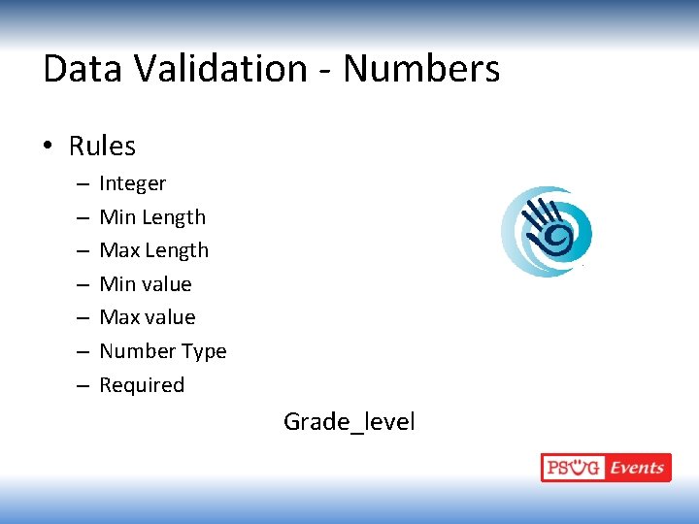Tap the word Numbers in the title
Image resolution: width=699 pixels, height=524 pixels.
click(421, 69)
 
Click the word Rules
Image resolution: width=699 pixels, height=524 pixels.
click(102, 147)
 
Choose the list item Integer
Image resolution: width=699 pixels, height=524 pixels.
click(132, 183)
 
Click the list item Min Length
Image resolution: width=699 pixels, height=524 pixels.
click(152, 217)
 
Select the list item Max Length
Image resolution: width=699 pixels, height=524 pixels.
click(153, 250)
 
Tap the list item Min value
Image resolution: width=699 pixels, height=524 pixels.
click(146, 284)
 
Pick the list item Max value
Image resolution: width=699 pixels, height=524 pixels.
click(148, 317)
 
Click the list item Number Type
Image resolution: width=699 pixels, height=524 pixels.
click(162, 351)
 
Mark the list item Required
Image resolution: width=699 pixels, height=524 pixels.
click(142, 385)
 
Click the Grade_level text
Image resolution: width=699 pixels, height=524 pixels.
click(349, 422)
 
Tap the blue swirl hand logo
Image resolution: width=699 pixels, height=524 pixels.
click(545, 230)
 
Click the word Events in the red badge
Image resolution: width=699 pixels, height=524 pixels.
click(637, 468)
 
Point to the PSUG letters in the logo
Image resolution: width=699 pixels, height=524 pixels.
click(573, 468)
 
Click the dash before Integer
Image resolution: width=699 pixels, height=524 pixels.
click(81, 184)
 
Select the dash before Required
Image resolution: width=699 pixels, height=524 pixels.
click(81, 386)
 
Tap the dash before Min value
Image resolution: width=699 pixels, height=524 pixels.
click(81, 285)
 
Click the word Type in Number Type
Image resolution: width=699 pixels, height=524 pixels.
click(205, 351)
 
